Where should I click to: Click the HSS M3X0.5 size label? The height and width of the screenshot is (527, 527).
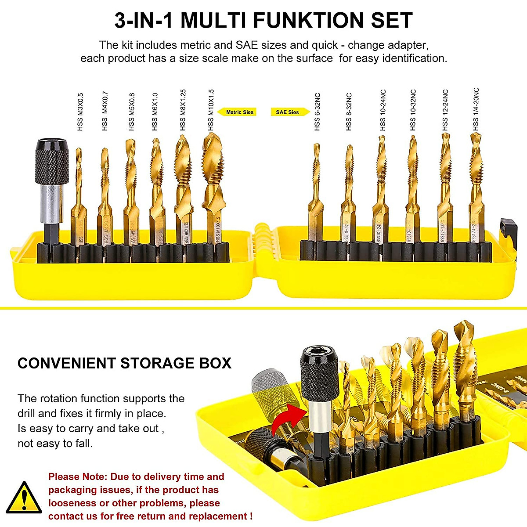(x=80, y=112)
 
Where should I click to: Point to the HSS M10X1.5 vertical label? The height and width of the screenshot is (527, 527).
(x=211, y=110)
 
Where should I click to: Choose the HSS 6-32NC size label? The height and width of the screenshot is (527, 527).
(x=317, y=112)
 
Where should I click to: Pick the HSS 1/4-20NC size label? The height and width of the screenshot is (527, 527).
(x=476, y=109)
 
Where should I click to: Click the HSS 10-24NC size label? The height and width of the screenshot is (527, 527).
(x=383, y=110)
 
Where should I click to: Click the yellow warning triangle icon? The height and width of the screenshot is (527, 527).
(x=24, y=498)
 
